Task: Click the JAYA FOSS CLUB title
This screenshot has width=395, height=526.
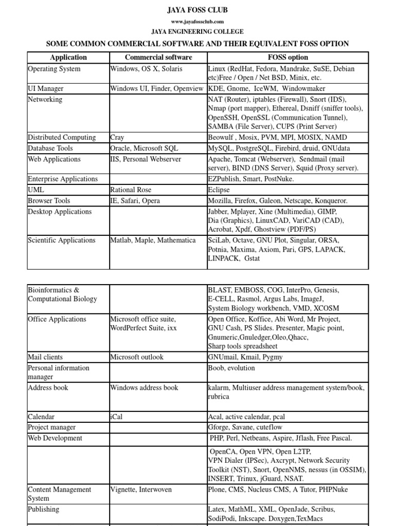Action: [x=197, y=10]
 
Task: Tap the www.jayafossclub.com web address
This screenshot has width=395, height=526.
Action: [x=197, y=22]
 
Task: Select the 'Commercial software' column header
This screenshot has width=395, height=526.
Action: [x=158, y=58]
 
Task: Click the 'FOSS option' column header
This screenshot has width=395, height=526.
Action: [x=288, y=58]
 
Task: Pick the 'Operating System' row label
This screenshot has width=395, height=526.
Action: [x=54, y=69]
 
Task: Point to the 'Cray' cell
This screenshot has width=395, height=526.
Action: [x=117, y=138]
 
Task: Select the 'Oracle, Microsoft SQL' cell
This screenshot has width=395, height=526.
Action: [x=144, y=148]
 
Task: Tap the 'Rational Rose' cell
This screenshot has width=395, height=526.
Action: [x=131, y=190]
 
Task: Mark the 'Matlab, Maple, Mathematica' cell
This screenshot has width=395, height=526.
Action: [x=153, y=240]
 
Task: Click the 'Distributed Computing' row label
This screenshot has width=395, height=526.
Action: [x=62, y=138]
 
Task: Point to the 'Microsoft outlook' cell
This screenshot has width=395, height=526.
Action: [x=137, y=357]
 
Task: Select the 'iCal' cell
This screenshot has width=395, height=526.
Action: [x=117, y=417]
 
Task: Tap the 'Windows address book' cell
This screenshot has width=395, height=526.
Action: [x=144, y=388]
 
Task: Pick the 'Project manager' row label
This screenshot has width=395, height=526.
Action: [x=51, y=427]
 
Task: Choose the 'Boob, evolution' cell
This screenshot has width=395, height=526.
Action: [x=231, y=368]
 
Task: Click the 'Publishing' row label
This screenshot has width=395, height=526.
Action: [x=44, y=510]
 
